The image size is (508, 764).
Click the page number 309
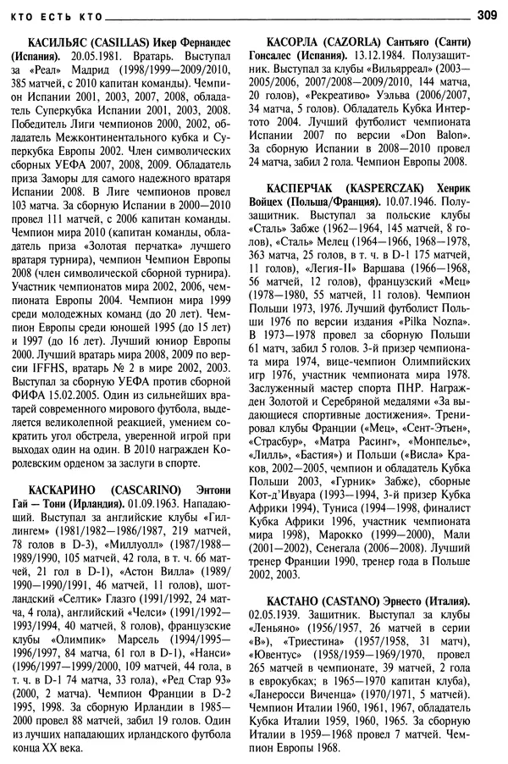(486, 13)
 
